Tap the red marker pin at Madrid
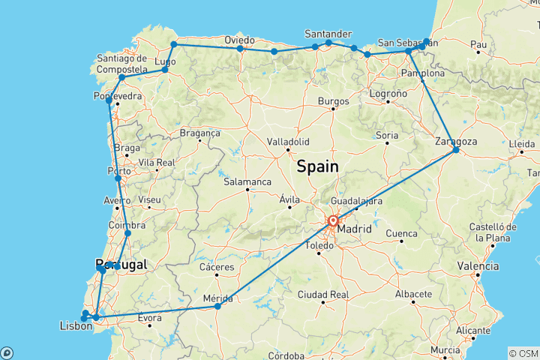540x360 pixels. [332, 221]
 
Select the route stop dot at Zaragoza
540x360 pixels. [456, 151]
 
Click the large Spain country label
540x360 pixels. [317, 166]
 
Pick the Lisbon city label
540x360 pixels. [75, 325]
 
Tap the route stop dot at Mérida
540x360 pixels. [217, 306]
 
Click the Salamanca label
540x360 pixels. [247, 181]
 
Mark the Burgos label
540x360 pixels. [334, 100]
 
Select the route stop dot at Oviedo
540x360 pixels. [240, 49]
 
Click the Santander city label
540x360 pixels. [328, 34]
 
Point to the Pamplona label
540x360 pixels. [424, 73]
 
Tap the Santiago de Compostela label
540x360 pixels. [121, 64]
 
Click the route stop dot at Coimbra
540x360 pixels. [128, 233]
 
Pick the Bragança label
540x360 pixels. [200, 132]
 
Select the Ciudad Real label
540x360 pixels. [322, 293]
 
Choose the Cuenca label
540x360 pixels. [401, 234]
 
